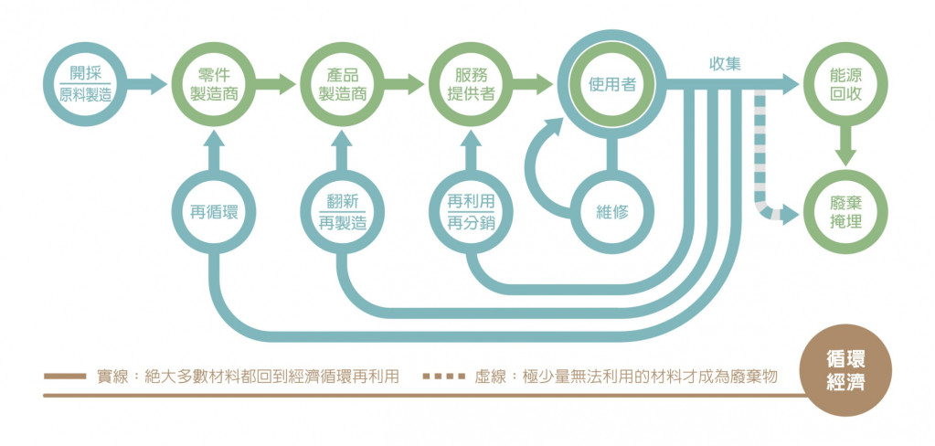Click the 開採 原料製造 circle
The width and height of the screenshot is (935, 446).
pyautogui.click(x=84, y=85)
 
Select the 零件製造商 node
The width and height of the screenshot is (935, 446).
pyautogui.click(x=212, y=85)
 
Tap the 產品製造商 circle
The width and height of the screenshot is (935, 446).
pyautogui.click(x=340, y=85)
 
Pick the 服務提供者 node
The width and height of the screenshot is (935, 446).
pyautogui.click(x=468, y=85)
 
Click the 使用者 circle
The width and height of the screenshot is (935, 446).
pyautogui.click(x=611, y=85)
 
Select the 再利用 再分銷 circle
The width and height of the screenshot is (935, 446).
pyautogui.click(x=470, y=213)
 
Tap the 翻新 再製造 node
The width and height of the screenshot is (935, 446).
pyautogui.click(x=340, y=213)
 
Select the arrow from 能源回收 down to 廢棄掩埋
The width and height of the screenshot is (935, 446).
pyautogui.click(x=845, y=145)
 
